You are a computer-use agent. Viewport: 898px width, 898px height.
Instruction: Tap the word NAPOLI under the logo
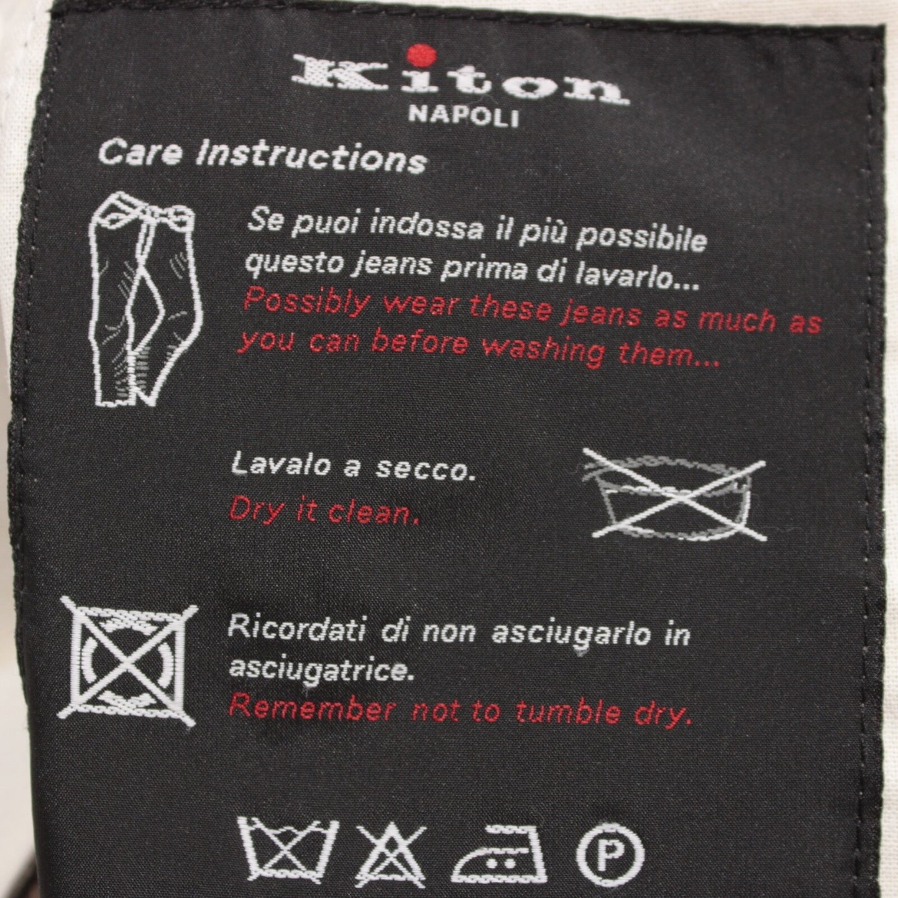coord(463,116)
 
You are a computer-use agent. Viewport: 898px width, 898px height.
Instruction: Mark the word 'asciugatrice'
coord(321,670)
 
